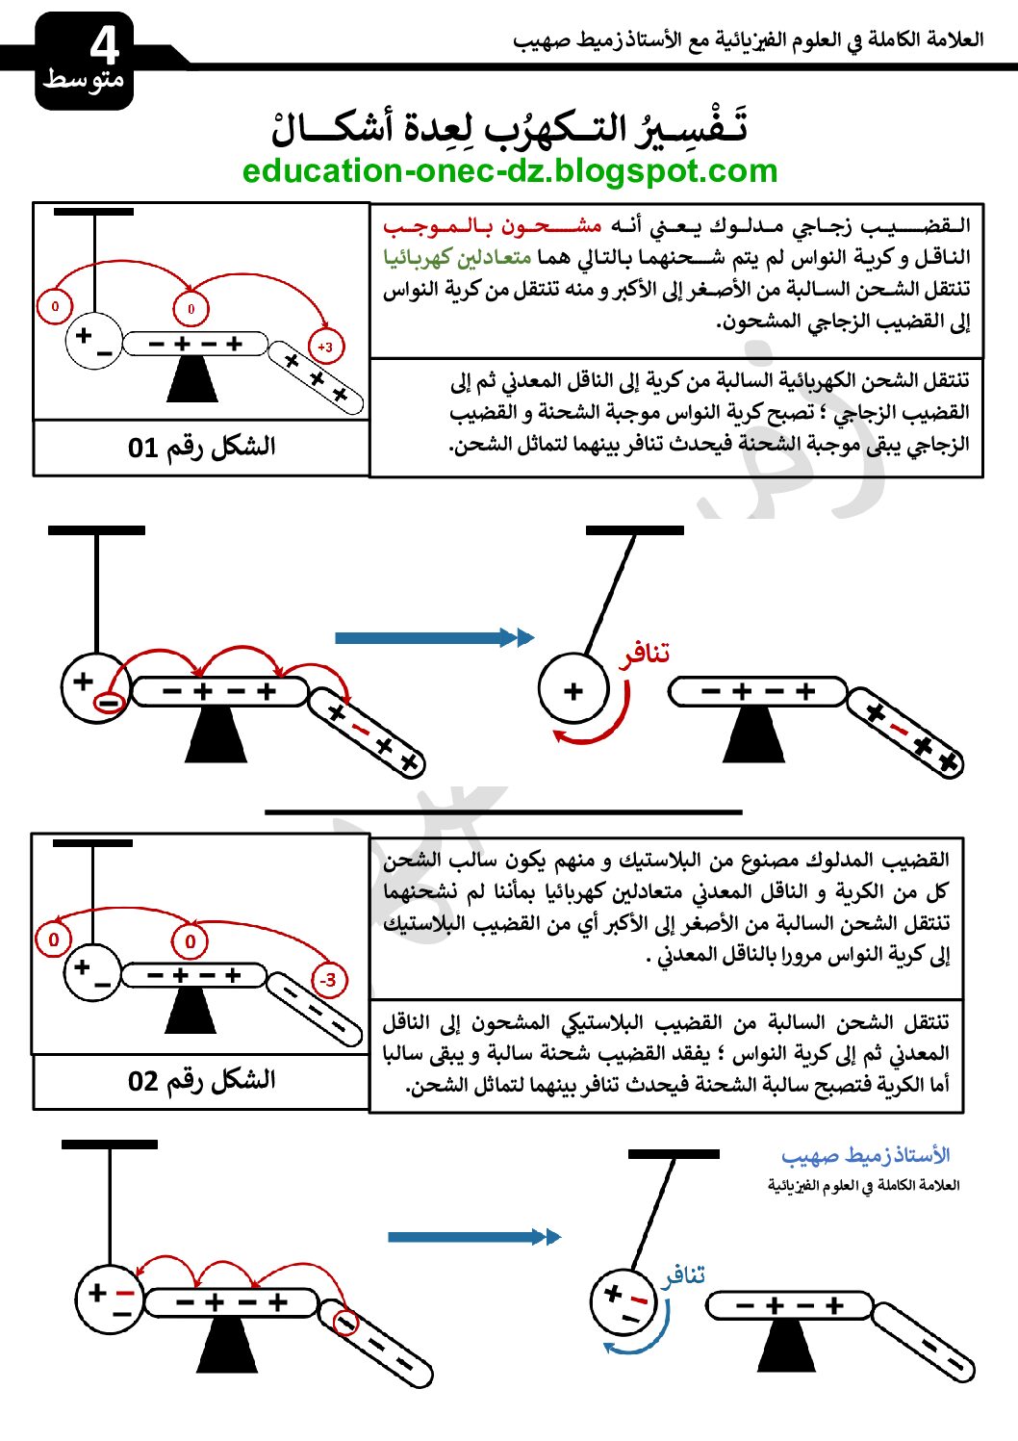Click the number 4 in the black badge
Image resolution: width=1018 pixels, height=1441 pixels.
point(104,44)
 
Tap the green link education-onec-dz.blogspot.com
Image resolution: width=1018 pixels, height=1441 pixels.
point(509,170)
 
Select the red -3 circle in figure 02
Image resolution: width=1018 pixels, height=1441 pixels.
point(328,980)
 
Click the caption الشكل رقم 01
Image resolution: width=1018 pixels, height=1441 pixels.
point(201,447)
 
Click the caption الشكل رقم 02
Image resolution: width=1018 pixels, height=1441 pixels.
point(201,1080)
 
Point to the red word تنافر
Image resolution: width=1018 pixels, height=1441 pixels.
point(644,655)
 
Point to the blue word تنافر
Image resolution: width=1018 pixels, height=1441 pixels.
point(683,1275)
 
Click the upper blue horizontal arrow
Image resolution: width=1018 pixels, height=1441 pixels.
point(433,637)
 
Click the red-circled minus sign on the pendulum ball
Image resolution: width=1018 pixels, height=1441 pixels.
point(109,704)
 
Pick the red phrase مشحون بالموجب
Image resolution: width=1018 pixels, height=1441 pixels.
point(492,226)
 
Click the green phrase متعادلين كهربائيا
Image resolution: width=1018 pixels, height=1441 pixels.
point(457,258)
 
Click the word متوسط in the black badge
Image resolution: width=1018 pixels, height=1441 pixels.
point(83,79)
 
